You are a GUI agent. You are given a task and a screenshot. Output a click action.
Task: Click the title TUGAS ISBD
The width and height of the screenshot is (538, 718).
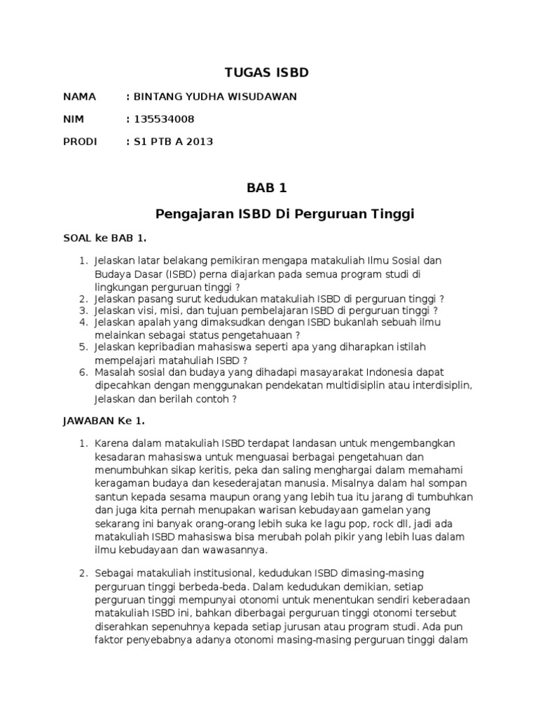pos(266,73)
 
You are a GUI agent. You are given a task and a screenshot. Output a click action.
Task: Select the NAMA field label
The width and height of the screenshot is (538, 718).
pos(79,97)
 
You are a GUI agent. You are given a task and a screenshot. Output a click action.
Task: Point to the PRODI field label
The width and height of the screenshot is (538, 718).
pos(81,142)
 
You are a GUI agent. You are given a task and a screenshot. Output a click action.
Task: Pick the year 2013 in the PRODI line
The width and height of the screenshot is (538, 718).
pos(200,142)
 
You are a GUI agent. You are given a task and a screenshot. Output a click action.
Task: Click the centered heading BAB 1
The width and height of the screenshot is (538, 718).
pos(266,188)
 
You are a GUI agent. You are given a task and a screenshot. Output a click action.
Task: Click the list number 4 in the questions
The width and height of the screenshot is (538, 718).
pos(82,323)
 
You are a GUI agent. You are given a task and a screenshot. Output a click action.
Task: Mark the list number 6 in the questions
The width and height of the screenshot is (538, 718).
pos(82,372)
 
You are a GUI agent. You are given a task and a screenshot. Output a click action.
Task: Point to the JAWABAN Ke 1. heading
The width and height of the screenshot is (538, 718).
pos(104,421)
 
